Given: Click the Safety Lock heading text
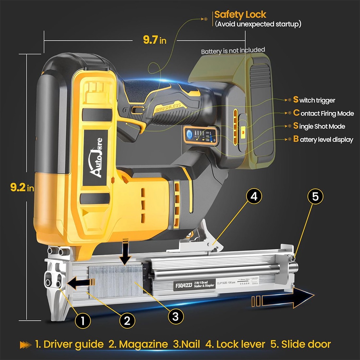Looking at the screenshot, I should pos(240,15).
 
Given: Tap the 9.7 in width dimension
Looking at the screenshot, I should pos(154,40).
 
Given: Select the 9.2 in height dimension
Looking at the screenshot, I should pos(22,188).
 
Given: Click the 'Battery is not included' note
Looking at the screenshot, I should pos(233,50).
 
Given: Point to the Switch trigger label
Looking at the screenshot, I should pos(314,100).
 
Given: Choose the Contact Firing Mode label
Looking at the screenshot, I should pos(324,113).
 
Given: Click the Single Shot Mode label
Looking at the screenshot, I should pos(319,126).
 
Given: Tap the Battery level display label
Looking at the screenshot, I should pos(323,139).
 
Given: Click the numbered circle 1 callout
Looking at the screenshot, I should pos(82,321).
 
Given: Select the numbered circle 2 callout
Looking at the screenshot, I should pos(127,321).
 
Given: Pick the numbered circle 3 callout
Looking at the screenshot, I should pos(175,316).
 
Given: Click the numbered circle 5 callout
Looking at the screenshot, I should pos(315,196).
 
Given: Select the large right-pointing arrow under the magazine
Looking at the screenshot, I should pos(283,299).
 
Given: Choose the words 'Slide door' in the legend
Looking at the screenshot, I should pos(306,344).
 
